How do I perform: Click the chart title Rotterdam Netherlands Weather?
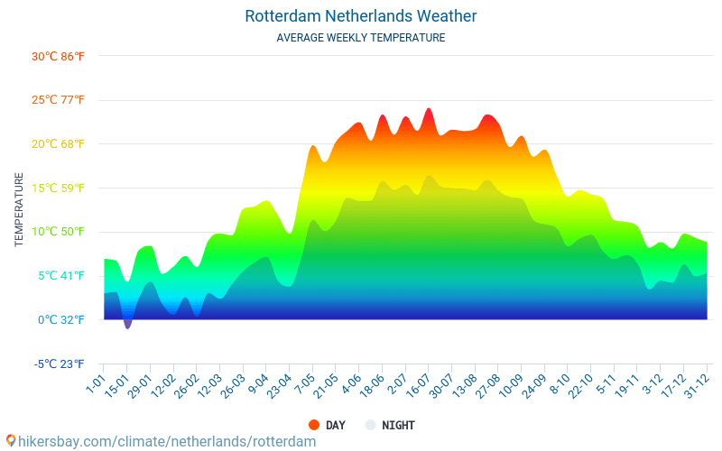click(360, 16)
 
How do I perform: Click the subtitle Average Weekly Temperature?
click(360, 38)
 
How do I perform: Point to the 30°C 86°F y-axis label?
click(58, 56)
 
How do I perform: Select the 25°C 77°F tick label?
click(58, 100)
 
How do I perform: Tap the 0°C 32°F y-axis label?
click(61, 319)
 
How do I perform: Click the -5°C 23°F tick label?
click(60, 364)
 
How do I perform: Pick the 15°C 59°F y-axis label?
click(58, 188)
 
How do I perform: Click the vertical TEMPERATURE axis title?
click(19, 210)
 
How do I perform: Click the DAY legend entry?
click(335, 425)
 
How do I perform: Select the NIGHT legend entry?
click(398, 425)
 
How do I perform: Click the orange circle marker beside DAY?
click(314, 425)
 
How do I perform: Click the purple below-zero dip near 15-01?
click(127, 323)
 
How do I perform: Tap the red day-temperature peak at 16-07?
click(429, 111)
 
